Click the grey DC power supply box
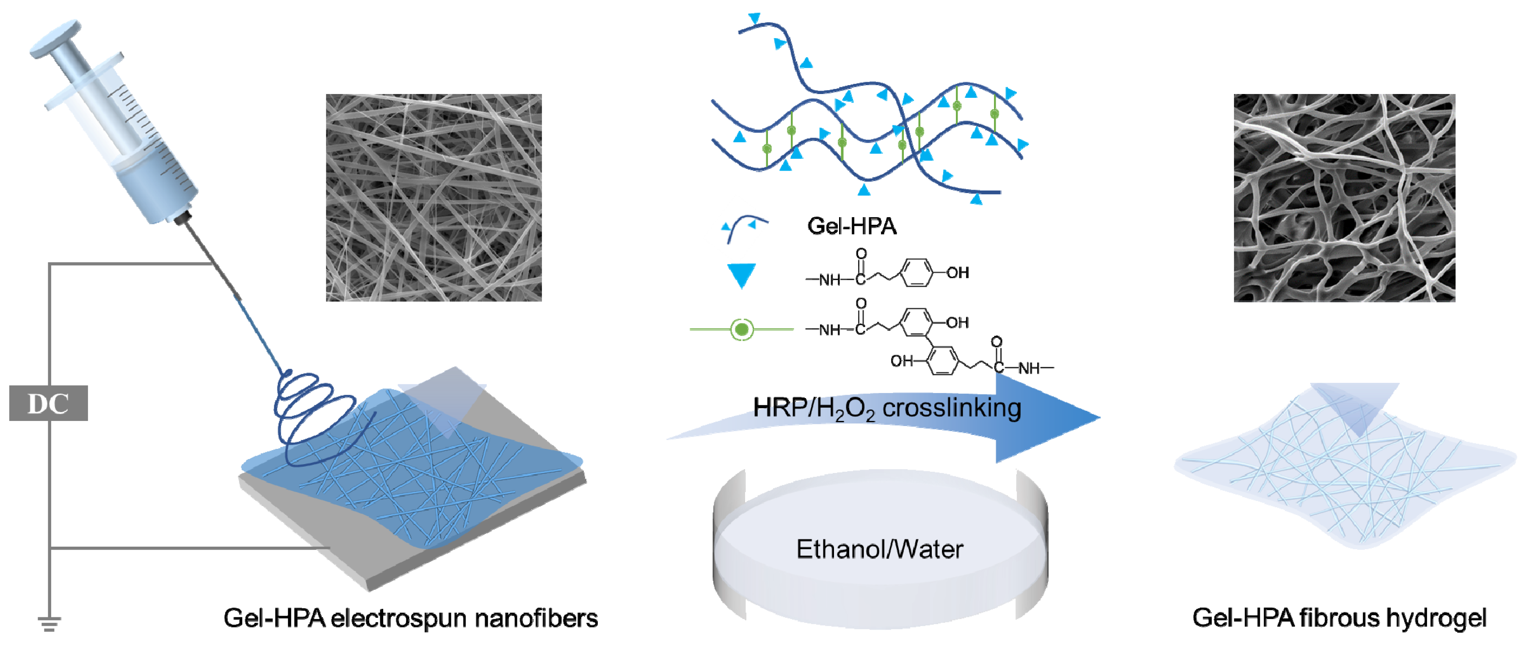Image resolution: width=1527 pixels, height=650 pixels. pyautogui.click(x=49, y=403)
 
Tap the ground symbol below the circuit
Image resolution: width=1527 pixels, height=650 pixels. pyautogui.click(x=49, y=623)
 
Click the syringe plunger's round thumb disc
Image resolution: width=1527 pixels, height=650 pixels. pyautogui.click(x=55, y=39)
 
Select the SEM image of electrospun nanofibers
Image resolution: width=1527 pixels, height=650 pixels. pyautogui.click(x=434, y=197)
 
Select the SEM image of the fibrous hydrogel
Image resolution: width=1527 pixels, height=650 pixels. pyautogui.click(x=1344, y=197)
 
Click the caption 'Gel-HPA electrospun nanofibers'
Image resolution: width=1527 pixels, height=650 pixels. pyautogui.click(x=410, y=618)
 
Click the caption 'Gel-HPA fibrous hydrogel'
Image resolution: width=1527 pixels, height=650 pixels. pyautogui.click(x=1339, y=618)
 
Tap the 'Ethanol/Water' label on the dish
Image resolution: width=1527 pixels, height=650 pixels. pyautogui.click(x=879, y=549)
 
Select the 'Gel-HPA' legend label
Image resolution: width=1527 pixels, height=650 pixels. pyautogui.click(x=852, y=226)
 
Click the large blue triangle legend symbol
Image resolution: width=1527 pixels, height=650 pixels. pyautogui.click(x=741, y=274)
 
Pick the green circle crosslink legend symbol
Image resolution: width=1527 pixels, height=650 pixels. pyautogui.click(x=741, y=329)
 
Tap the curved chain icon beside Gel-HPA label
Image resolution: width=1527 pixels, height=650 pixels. pyautogui.click(x=743, y=228)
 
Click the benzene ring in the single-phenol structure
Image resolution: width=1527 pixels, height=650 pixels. pyautogui.click(x=916, y=273)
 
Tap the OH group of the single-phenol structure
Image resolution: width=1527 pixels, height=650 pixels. pyautogui.click(x=957, y=273)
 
